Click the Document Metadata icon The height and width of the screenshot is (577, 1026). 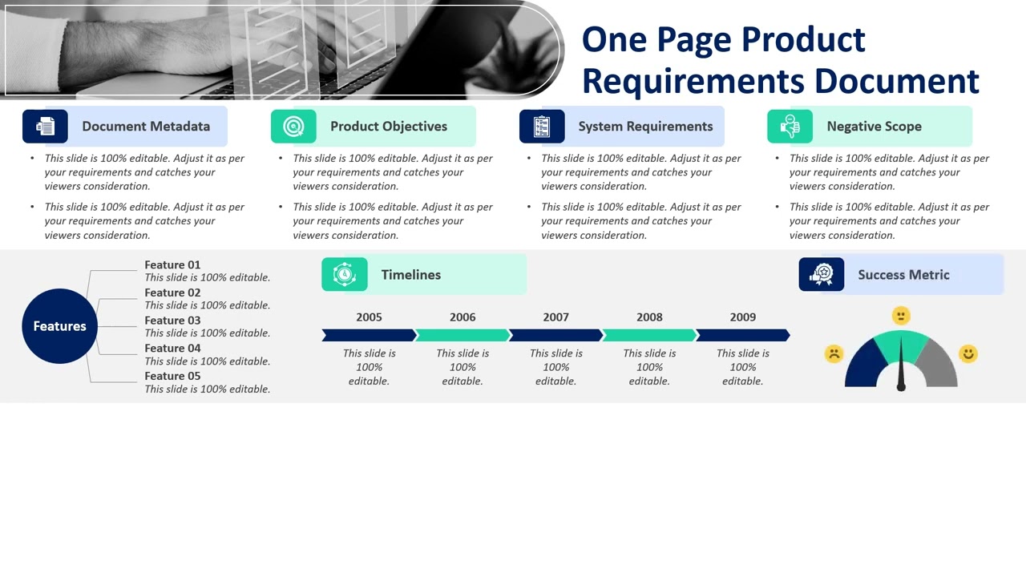pos(46,127)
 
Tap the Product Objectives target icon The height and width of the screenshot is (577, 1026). pos(293,127)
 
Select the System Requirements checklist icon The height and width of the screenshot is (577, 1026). pos(542,127)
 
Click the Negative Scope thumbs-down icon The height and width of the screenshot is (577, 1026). pos(790,127)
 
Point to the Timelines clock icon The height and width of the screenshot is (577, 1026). pos(345,275)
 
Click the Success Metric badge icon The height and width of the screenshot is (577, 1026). pos(822,275)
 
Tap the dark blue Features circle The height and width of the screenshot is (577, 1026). pos(59,326)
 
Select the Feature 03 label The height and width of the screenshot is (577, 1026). pos(172,321)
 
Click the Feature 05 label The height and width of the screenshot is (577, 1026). pos(172,376)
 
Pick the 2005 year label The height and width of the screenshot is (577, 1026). pos(369,317)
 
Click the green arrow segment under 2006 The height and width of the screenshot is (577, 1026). pos(463,335)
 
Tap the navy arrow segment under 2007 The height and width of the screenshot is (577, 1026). pos(555,335)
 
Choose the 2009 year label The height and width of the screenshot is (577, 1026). pos(742,317)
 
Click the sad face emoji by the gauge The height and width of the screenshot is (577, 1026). pos(834,353)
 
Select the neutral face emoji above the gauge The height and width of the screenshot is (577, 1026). pos(901,315)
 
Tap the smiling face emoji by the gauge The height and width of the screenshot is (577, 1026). pos(968,353)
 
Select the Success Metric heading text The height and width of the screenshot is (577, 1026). pos(903,275)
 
